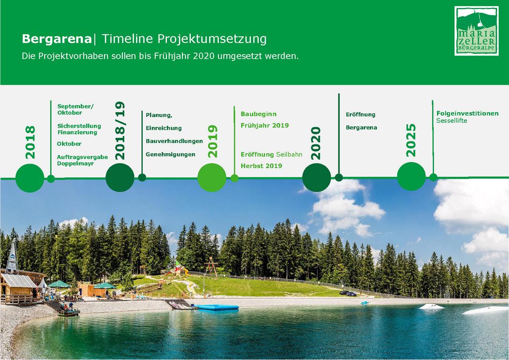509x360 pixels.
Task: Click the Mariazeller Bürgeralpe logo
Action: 476,31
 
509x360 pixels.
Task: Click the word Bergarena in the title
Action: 57,39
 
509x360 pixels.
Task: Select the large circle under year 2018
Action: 30,178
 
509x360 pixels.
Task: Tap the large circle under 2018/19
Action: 120,178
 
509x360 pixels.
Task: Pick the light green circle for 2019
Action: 212,178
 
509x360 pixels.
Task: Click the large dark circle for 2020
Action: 316,178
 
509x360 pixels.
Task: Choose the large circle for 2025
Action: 412,177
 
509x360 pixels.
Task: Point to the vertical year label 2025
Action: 411,140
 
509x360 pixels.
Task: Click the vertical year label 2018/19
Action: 120,130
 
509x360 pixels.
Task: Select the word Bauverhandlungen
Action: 174,141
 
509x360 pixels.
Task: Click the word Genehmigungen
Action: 171,155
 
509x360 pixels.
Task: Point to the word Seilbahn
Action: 289,155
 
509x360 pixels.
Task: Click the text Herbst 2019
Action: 262,166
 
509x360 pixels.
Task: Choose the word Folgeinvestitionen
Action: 467,113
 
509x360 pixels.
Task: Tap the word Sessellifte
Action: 451,121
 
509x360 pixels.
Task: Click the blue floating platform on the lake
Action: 217,307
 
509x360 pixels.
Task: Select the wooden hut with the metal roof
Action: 18,287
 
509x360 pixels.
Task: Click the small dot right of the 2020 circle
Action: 338,178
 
